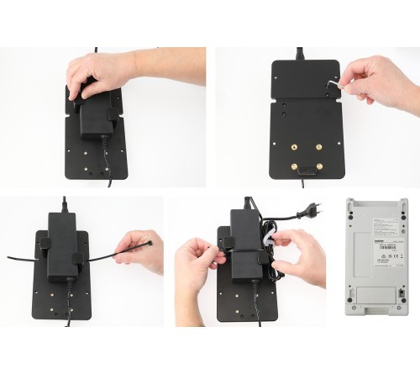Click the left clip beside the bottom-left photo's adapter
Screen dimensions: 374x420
(42, 245)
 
